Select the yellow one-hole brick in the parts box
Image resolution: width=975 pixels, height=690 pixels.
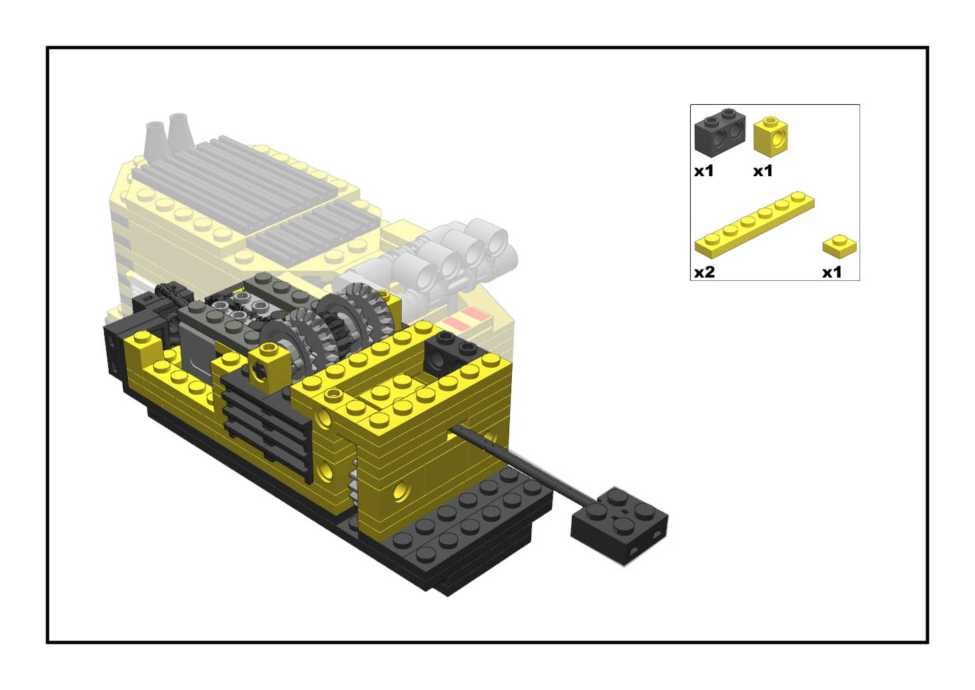point(770,137)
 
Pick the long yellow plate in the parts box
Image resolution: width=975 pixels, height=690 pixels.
point(754,224)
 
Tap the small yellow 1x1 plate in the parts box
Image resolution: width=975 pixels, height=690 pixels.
point(840,247)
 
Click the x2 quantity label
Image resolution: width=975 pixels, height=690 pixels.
point(704,272)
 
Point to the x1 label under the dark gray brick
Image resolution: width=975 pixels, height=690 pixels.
point(704,171)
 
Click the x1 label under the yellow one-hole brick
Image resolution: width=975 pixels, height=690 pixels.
point(763,171)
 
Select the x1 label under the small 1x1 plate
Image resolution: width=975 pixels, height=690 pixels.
point(832,272)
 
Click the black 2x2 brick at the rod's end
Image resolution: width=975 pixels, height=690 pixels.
point(619,525)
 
